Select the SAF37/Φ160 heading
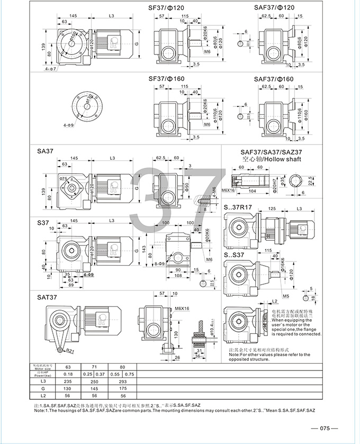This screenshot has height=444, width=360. (274, 79)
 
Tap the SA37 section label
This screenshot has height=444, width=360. (45, 151)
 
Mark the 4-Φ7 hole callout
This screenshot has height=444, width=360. (51, 69)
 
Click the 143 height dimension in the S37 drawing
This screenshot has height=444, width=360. (144, 249)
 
